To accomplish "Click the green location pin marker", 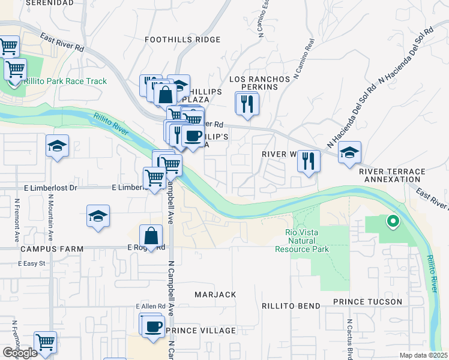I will coord(393,222).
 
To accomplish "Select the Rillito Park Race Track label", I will coord(65,82).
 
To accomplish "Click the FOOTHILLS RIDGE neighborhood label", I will coord(183,40).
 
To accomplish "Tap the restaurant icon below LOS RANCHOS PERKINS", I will coord(247,104).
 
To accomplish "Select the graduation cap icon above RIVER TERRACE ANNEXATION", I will coord(349,152).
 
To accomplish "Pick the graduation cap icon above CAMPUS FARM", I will coord(98,217).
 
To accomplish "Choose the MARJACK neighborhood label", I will coord(215,295).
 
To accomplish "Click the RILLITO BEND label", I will coord(291,306).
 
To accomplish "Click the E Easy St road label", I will coord(32,263).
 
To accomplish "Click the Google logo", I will coord(20,353).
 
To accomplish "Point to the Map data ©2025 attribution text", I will coord(423,355).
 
